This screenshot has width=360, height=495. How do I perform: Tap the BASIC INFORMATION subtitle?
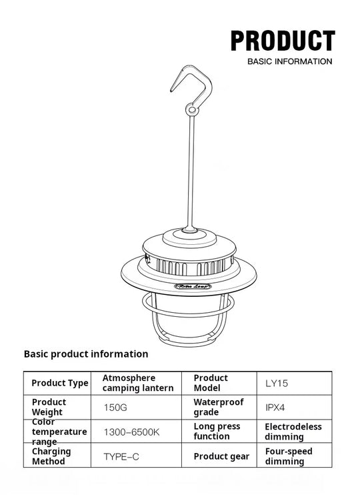click(289, 61)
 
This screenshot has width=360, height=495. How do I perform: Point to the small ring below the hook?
click(192, 109)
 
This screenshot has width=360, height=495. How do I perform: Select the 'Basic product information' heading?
click(86, 354)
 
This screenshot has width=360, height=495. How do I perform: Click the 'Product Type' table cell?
click(59, 383)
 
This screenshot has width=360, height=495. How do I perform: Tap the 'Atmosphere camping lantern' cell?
click(138, 383)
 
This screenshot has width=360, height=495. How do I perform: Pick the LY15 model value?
click(277, 384)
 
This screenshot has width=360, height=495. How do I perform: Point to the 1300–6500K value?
click(131, 432)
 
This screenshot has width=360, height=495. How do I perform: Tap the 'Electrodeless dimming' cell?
click(293, 432)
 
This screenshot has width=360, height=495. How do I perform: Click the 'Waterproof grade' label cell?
click(219, 407)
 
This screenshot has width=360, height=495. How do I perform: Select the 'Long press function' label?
click(217, 432)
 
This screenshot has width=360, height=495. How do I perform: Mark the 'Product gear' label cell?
click(221, 456)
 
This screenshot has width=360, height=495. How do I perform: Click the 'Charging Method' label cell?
click(51, 456)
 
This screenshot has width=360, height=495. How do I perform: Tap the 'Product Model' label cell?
click(211, 383)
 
